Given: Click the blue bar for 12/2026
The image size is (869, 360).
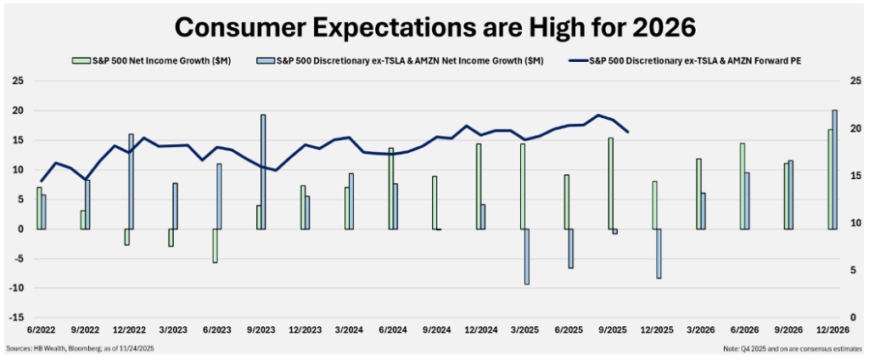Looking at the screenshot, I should [834, 170].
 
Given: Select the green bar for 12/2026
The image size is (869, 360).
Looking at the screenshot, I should [829, 179].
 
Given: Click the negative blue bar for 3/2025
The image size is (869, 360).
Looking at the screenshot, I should [527, 256].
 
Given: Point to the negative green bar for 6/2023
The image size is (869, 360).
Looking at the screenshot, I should [215, 245].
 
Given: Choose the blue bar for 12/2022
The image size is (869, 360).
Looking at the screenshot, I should [132, 182].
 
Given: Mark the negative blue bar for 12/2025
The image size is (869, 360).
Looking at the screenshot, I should [659, 253].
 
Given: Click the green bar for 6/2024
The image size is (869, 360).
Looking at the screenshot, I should [390, 188].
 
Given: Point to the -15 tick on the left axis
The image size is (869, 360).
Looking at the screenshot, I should [16, 318].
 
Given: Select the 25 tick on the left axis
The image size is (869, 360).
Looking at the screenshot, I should [16, 82].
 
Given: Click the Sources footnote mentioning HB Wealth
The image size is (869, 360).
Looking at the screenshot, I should [81, 349].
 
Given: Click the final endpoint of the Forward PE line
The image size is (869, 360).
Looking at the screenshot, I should [627, 132].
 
